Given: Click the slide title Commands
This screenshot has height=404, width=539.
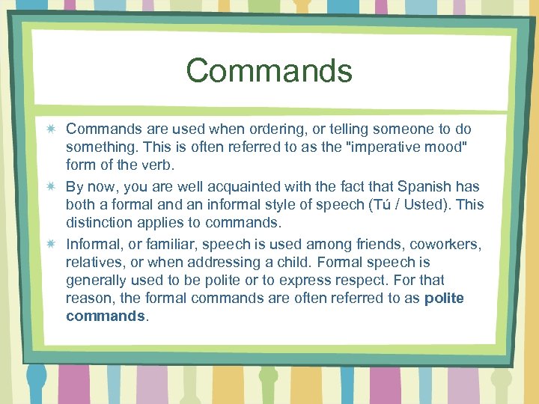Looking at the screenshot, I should (x=269, y=71).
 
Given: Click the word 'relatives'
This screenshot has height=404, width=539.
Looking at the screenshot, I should (x=94, y=262).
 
